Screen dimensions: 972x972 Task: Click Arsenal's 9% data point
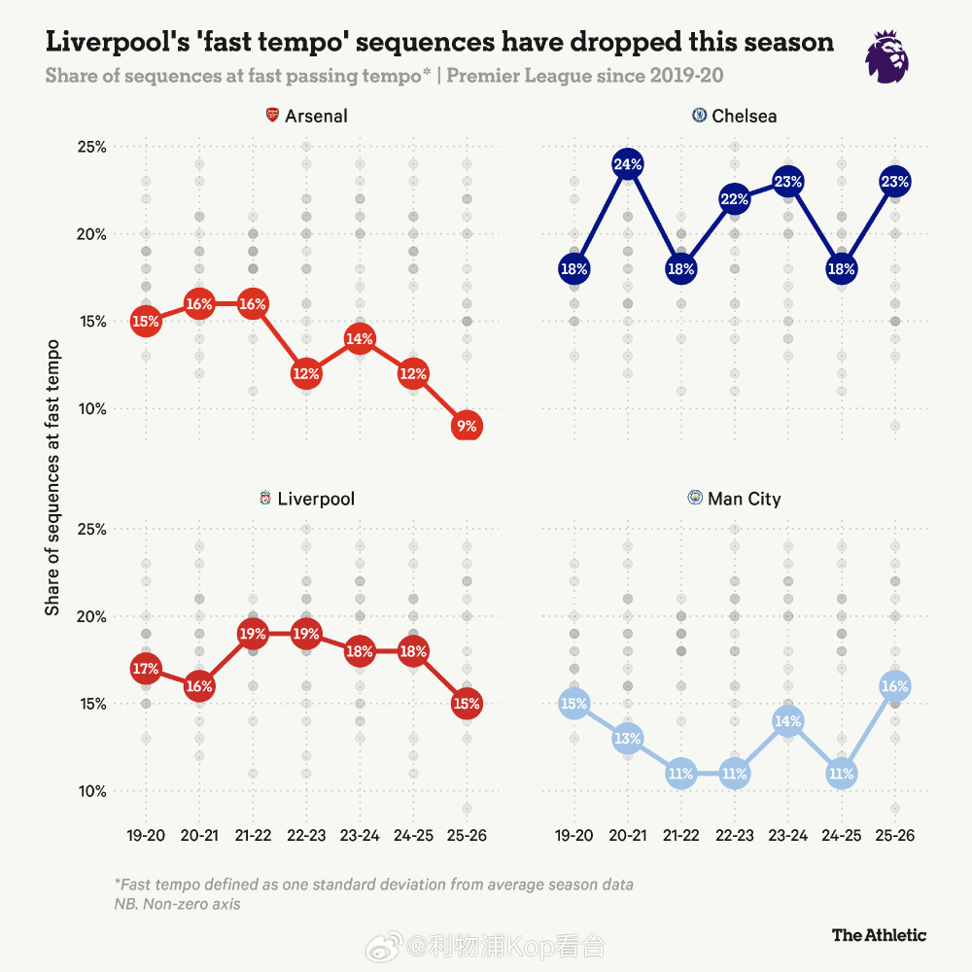(467, 426)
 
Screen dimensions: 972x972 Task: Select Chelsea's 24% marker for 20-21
(628, 164)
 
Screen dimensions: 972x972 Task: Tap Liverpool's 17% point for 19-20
(146, 669)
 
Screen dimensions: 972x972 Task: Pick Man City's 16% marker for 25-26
(895, 686)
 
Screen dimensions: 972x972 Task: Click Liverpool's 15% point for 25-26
(467, 704)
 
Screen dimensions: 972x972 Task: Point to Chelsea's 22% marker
(735, 199)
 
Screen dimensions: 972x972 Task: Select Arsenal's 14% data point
(360, 339)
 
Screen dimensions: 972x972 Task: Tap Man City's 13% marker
(628, 739)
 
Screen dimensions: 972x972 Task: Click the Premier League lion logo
(887, 55)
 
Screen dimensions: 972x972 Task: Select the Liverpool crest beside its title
(265, 500)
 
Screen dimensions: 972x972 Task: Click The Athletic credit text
(879, 935)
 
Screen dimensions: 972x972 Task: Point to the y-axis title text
(53, 476)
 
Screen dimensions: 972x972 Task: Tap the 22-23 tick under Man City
(735, 835)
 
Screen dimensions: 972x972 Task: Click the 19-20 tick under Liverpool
(146, 835)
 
